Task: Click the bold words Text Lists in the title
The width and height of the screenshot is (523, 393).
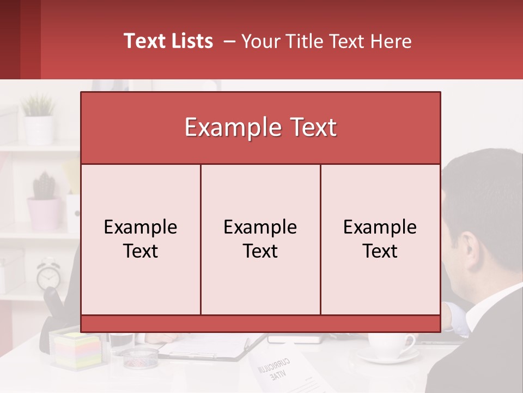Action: tap(168, 41)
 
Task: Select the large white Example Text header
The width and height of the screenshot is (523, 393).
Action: tap(260, 128)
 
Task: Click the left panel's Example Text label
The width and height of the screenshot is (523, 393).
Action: tap(141, 239)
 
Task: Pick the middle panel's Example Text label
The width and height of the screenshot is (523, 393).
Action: tap(260, 239)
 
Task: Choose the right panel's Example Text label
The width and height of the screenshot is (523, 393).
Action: tap(380, 239)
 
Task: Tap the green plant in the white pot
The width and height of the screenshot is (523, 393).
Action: tap(38, 106)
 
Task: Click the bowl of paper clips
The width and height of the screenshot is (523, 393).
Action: tap(139, 358)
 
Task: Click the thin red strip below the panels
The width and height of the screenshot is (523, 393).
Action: tap(260, 324)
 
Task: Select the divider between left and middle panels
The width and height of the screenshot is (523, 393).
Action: tap(200, 239)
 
